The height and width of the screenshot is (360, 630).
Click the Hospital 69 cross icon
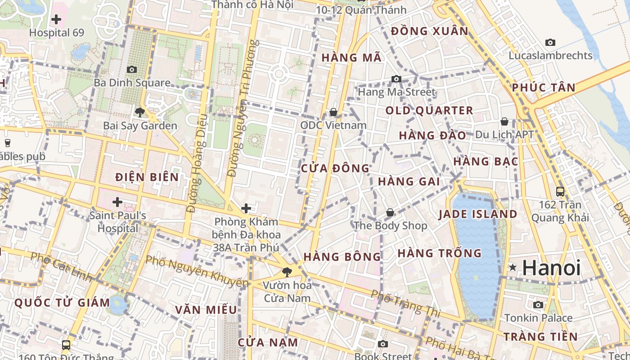click(x=56, y=19)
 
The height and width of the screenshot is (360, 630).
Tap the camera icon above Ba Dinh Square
click(x=132, y=69)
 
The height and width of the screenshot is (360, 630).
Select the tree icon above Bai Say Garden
click(x=140, y=112)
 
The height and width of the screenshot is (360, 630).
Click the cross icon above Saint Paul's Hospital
click(x=117, y=202)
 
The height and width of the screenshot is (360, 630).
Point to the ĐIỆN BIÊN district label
click(x=147, y=177)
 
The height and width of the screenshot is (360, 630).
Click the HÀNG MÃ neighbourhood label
click(x=352, y=58)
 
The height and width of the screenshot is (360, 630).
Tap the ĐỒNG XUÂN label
click(x=430, y=31)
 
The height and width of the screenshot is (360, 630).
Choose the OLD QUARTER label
click(x=429, y=111)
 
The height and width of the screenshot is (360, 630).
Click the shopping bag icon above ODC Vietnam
click(x=333, y=112)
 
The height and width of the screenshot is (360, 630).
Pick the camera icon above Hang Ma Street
click(x=396, y=79)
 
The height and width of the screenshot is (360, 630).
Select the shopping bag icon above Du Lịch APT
click(x=504, y=121)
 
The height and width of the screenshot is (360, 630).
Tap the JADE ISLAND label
click(x=478, y=214)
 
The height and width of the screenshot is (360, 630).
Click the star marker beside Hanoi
click(x=513, y=268)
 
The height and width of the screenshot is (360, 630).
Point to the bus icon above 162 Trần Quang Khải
click(x=560, y=191)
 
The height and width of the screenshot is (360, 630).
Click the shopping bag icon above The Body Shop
click(x=390, y=212)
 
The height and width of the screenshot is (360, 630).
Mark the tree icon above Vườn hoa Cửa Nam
click(x=287, y=272)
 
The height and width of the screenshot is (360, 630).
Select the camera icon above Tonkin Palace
click(x=538, y=305)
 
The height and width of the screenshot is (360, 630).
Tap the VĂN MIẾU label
click(x=206, y=310)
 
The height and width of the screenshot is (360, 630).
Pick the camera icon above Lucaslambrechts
click(x=550, y=42)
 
